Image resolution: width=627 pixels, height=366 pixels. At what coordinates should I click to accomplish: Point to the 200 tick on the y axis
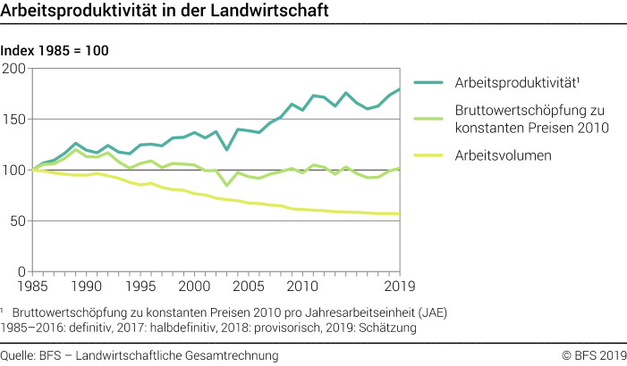(14, 69)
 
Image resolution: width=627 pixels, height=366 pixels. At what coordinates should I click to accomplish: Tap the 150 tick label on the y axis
(14, 120)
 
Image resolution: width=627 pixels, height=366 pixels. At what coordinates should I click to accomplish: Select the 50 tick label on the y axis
(18, 221)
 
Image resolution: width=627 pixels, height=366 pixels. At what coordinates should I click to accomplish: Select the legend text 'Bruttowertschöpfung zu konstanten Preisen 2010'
(533, 119)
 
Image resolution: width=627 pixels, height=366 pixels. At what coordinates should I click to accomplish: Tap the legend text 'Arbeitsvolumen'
(502, 154)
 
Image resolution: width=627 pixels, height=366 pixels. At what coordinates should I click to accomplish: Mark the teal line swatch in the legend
(428, 83)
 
